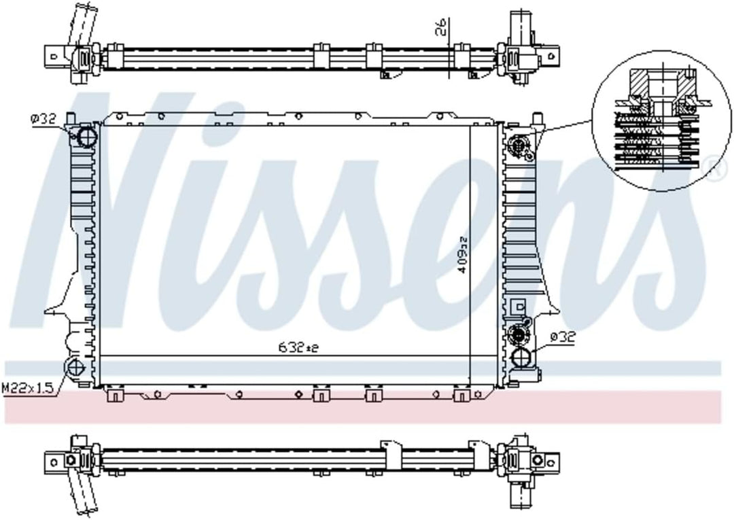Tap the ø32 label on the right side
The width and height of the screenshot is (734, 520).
point(563,336)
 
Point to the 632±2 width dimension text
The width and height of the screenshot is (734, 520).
point(298,347)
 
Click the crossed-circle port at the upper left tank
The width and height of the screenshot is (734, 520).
point(86,137)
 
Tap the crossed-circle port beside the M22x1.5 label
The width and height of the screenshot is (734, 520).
point(74,368)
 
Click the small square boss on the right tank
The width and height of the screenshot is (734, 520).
point(519,306)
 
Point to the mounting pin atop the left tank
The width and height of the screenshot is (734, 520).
point(70,121)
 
